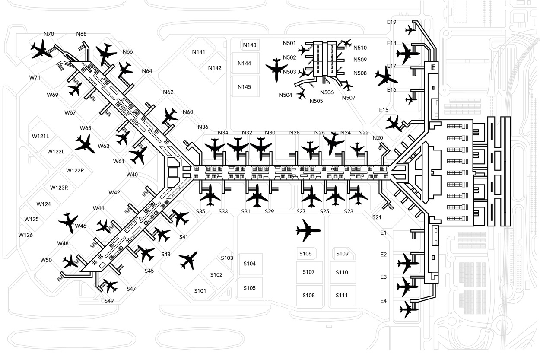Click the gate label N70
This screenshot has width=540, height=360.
49,34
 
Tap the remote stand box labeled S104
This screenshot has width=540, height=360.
249,264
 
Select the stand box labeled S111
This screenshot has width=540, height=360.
342,296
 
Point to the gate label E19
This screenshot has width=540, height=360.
391,22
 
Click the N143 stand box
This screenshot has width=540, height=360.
249,45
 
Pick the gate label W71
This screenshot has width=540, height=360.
35,77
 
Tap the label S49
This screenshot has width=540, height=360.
109,301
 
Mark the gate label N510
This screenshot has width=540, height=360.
360,48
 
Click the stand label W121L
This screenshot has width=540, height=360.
41,136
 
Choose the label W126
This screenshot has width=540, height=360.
25,235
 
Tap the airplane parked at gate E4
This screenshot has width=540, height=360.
407,309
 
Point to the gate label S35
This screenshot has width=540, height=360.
200,211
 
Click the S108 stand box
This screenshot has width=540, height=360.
308,296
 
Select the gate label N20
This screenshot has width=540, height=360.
378,138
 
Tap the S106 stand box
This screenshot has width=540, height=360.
305,254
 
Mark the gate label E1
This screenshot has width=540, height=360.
383,233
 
